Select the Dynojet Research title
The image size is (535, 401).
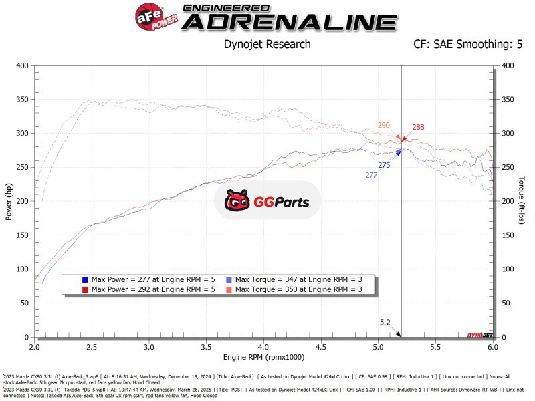[267, 45]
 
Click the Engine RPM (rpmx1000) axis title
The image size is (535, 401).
[263, 358]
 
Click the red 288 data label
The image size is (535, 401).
[418, 127]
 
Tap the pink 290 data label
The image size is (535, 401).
[383, 125]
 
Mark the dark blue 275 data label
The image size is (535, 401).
[384, 165]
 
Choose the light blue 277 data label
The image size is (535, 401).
[372, 175]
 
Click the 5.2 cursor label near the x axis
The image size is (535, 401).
[385, 321]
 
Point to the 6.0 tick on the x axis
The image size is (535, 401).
[493, 348]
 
